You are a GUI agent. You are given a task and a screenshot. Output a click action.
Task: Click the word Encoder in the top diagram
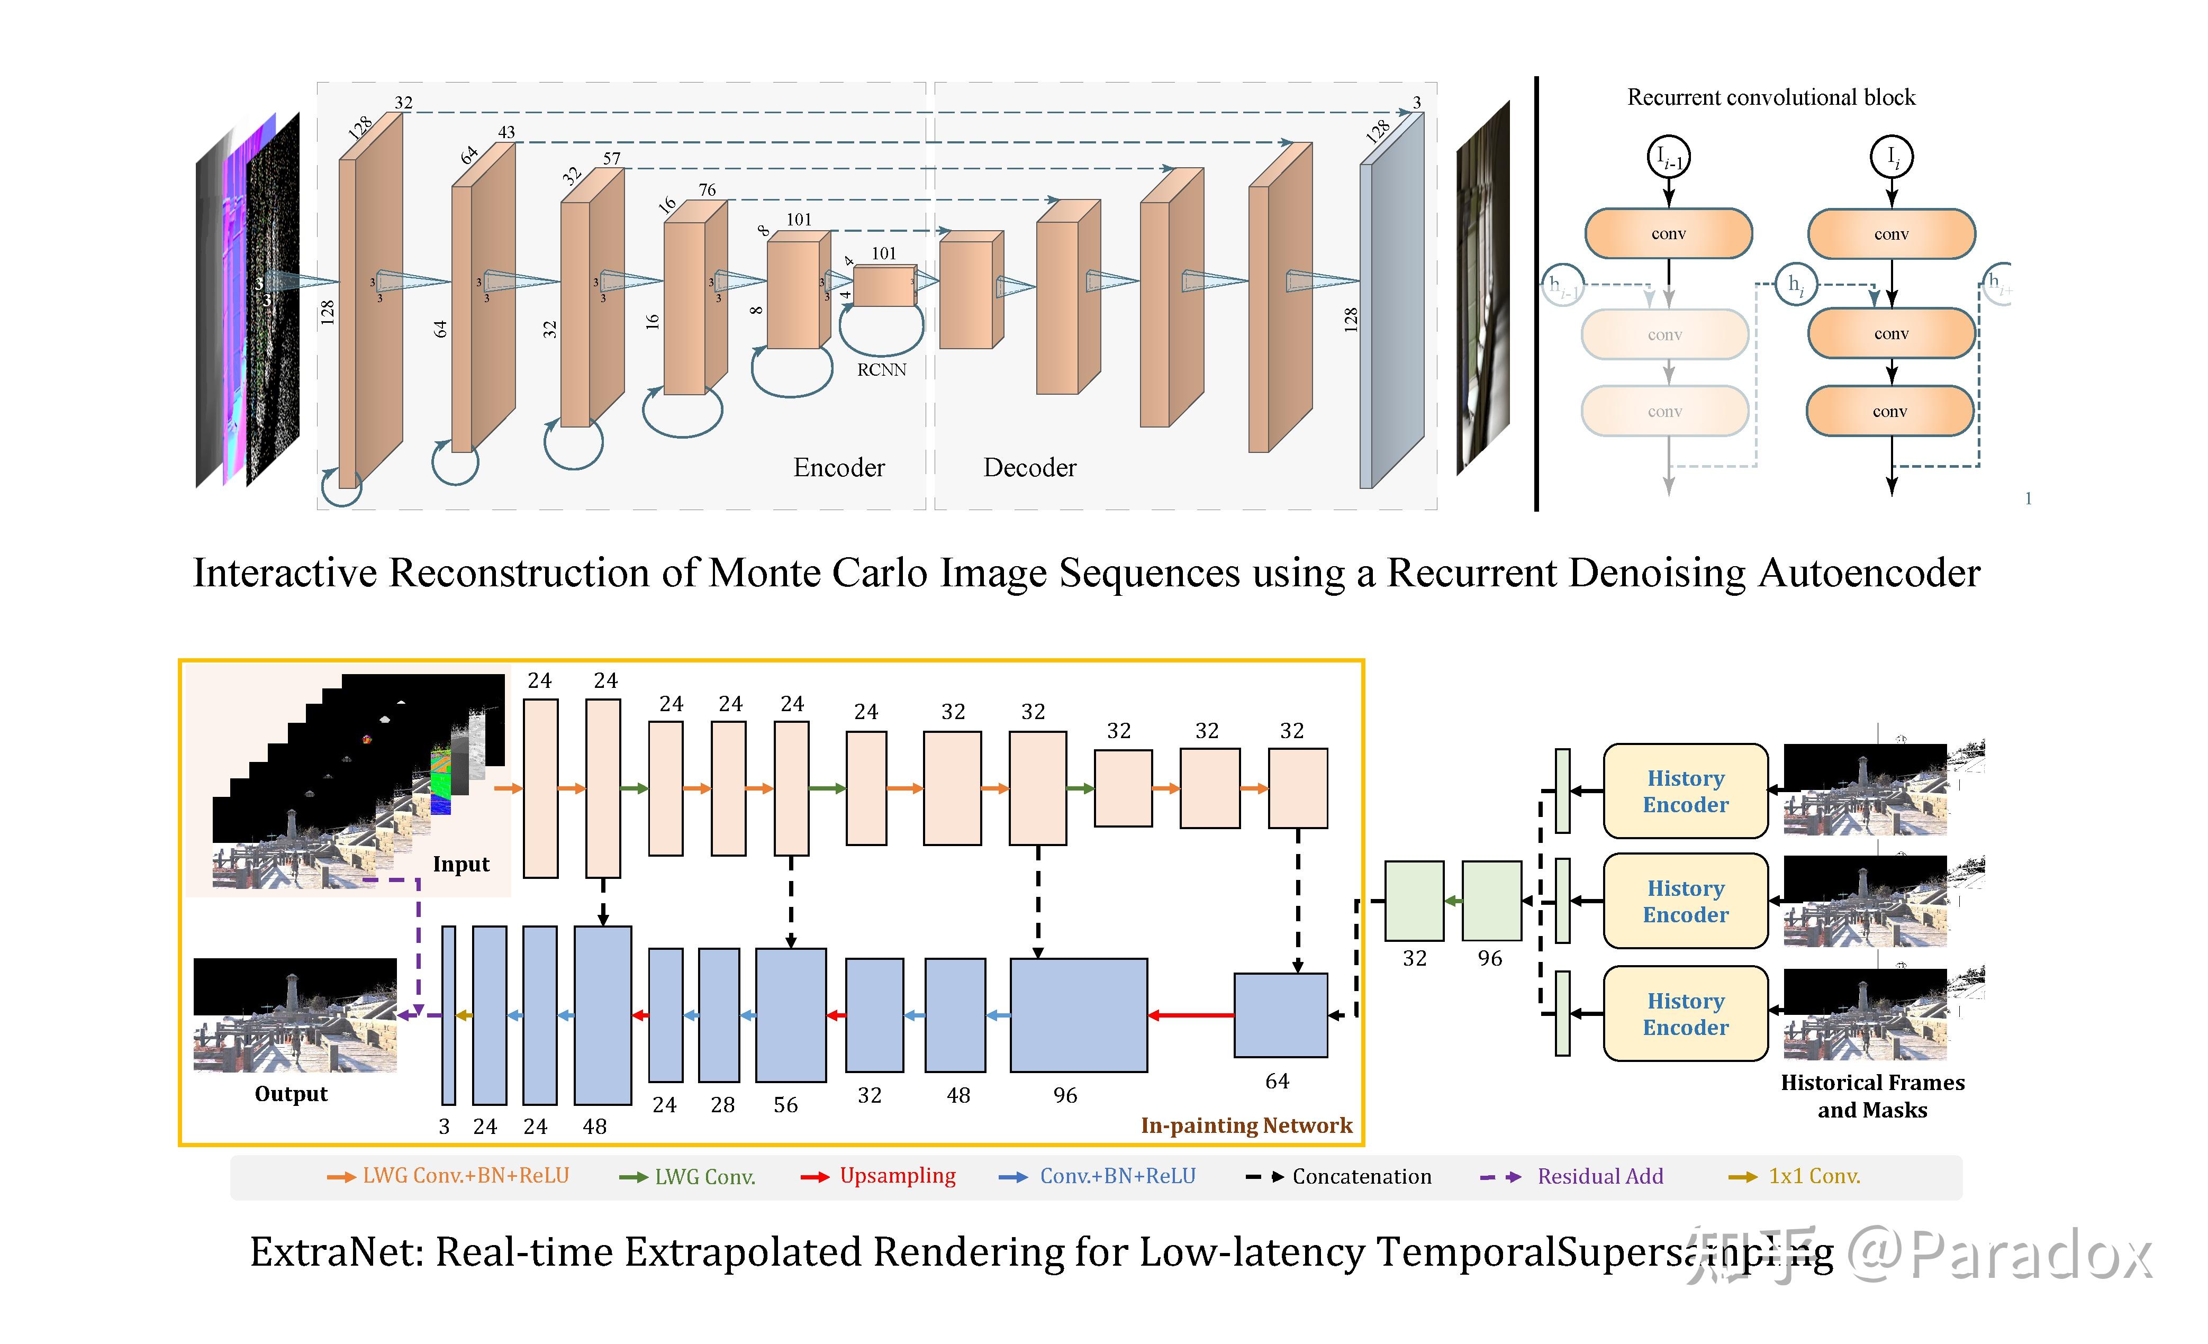pos(839,468)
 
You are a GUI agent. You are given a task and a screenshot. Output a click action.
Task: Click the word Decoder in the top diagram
pos(1029,468)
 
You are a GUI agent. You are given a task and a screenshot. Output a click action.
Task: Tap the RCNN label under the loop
pos(882,370)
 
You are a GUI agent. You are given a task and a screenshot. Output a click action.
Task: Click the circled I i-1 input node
pos(1669,158)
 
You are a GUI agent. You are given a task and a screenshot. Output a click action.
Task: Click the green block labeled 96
pos(1491,901)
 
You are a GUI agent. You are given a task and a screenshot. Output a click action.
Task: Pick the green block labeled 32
pos(1414,901)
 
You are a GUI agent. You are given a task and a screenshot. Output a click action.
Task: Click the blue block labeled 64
pos(1281,1015)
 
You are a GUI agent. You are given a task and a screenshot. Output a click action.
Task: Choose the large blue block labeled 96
pos(1078,1015)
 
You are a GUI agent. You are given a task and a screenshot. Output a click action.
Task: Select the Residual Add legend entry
pos(1599,1176)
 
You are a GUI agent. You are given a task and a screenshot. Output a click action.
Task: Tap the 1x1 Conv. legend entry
pos(1814,1176)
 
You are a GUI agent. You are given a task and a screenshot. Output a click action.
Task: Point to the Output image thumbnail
pos(295,1015)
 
